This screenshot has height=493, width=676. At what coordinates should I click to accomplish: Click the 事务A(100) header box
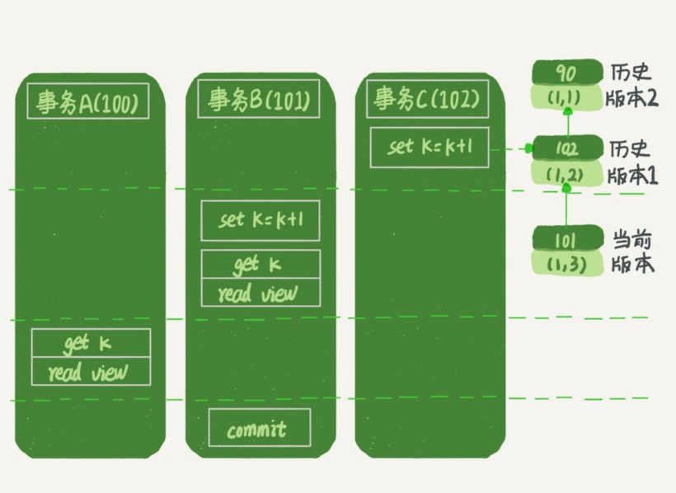click(x=88, y=101)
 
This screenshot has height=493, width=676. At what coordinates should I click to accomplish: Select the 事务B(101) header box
click(x=259, y=100)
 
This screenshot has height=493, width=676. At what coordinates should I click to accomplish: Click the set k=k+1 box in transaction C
click(x=429, y=148)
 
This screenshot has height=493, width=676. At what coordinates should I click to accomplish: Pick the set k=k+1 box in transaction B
click(x=260, y=221)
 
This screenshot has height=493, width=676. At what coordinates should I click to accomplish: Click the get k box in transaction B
click(x=260, y=265)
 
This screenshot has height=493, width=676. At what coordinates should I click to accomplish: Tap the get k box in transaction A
click(x=91, y=343)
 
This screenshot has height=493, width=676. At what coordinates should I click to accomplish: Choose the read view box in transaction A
click(x=91, y=371)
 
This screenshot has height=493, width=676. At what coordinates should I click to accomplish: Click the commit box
click(x=259, y=428)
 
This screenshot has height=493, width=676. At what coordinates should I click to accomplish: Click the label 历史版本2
click(x=633, y=85)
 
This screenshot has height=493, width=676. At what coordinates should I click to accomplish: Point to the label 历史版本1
click(x=633, y=162)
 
